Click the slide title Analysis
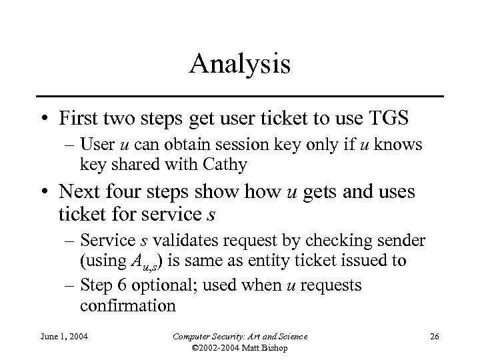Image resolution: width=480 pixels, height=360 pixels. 239,65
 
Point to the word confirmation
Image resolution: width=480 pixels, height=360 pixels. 128,307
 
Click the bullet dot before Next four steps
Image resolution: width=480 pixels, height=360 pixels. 44,194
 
